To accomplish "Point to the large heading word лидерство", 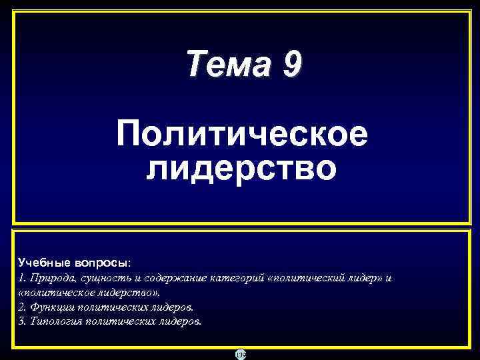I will click(241, 167).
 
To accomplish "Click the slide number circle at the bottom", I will click(240, 354).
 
